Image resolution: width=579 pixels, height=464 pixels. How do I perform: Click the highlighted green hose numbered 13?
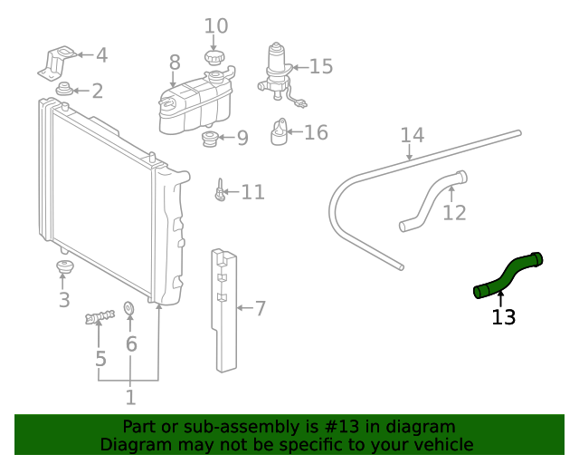coord(508,275)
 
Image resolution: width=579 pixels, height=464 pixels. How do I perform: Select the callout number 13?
coord(503,317)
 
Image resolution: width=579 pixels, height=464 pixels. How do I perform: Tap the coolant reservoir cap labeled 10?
coord(214,59)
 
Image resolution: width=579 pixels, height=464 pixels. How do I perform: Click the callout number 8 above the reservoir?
coord(175,62)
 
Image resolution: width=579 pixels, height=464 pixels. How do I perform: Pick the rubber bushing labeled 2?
coord(65,91)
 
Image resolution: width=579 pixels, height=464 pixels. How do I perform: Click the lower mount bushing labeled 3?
coord(63,269)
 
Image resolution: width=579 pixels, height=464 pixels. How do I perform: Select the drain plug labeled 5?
coord(100,318)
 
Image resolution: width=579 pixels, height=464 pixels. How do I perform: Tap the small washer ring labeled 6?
coord(128,311)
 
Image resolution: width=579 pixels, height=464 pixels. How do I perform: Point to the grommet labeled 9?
coord(209,140)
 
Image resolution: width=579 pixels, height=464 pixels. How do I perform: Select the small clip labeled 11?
coord(219,191)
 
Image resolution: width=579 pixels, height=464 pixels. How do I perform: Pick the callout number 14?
coord(412,136)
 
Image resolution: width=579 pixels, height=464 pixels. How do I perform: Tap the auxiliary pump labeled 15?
coord(276,70)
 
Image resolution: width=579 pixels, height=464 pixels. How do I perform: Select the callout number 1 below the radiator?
coord(130,397)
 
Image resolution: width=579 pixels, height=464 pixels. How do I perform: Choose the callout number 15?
coord(320,66)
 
